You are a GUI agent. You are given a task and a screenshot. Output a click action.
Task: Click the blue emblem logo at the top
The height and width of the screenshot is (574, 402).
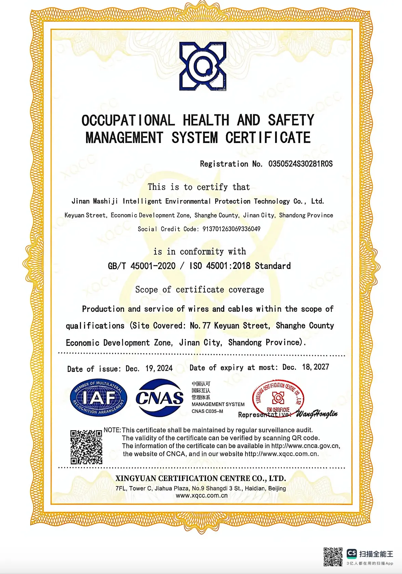point(203,66)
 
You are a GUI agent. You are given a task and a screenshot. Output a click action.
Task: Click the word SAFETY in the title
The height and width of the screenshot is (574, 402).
point(291,120)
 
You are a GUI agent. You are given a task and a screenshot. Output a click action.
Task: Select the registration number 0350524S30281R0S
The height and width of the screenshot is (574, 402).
point(300,164)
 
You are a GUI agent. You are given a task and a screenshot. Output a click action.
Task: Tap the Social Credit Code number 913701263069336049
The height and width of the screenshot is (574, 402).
point(231,229)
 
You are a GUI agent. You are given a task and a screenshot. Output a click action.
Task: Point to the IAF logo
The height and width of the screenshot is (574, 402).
point(98,397)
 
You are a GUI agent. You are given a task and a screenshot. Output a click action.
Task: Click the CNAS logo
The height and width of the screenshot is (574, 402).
point(159,397)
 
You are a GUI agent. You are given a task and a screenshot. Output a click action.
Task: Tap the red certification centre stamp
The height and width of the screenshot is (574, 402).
point(278,398)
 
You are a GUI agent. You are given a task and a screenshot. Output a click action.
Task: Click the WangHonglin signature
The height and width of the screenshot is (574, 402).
point(317,414)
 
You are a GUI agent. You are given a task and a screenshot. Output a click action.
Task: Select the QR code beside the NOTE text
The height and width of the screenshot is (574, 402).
point(86,447)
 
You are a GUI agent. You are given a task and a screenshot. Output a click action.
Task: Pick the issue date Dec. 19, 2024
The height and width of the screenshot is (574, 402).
point(149,368)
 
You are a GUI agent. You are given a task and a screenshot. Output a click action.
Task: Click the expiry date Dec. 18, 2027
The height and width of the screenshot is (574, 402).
point(306,367)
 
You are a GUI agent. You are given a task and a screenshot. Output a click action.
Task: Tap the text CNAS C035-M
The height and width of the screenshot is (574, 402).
point(207,411)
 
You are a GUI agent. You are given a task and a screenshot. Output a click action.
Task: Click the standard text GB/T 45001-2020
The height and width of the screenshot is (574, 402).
point(142,266)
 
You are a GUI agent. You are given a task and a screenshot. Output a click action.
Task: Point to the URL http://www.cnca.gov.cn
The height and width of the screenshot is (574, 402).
point(305,446)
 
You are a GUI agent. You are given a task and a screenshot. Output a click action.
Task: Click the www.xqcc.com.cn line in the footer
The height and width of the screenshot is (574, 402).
point(202,495)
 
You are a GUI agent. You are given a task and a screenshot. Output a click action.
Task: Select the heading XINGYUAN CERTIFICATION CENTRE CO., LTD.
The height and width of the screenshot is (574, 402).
point(201,478)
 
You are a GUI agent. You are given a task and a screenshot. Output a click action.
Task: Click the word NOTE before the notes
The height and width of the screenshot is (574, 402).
point(112,430)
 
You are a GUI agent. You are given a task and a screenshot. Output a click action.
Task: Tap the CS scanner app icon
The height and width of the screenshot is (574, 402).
point(352,553)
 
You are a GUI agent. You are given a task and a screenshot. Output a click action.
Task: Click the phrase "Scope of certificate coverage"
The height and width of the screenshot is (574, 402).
point(200,290)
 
